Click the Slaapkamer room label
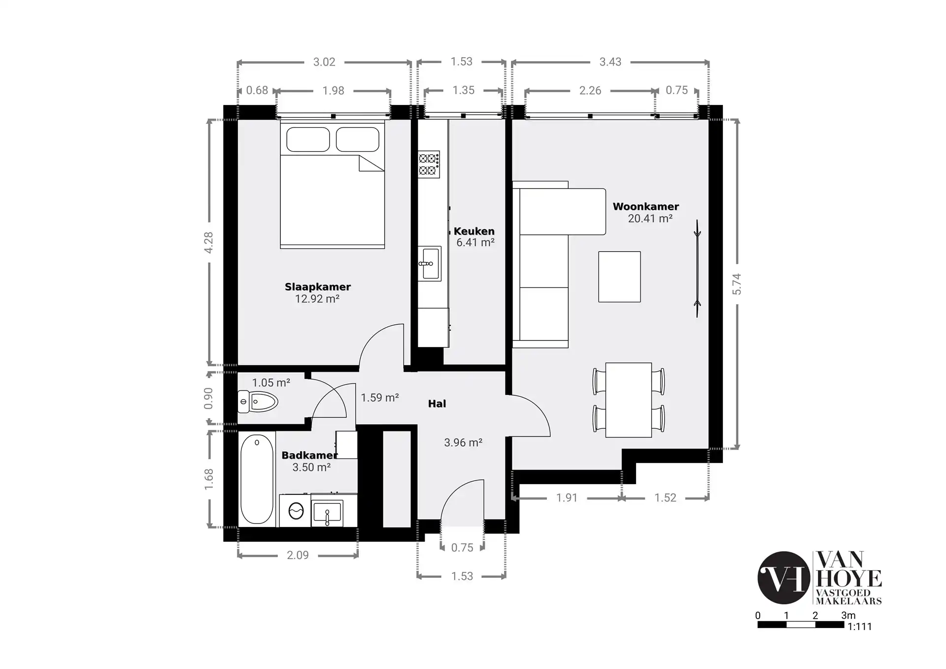point(317,287)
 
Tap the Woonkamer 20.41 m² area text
point(650,219)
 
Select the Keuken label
point(474,231)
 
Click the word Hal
point(437,404)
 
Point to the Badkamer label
point(309,456)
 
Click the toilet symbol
point(257,401)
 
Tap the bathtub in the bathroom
point(257,479)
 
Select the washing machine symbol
point(296,511)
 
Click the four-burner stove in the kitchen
point(429,165)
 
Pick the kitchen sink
point(430,264)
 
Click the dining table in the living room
point(628,400)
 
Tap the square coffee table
point(619,277)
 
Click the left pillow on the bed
point(308,140)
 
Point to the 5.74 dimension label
point(737,284)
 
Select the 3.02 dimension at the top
point(324,62)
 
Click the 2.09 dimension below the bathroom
point(298,555)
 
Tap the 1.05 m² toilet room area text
point(271,383)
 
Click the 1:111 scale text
point(859,627)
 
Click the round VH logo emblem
point(783,578)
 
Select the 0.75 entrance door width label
point(462,547)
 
